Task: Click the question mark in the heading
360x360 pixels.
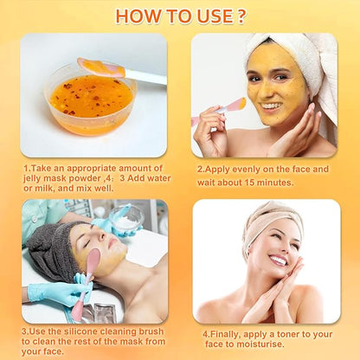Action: (x=241, y=16)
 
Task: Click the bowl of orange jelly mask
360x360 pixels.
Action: (x=90, y=100)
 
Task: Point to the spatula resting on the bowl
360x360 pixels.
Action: (x=121, y=71)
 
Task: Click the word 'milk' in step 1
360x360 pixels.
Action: (x=44, y=189)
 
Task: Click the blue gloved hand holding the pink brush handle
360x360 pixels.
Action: (x=61, y=291)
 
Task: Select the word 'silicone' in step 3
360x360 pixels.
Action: (x=81, y=331)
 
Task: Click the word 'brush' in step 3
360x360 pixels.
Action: (x=151, y=331)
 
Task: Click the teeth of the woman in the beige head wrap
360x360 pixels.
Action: (x=278, y=260)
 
